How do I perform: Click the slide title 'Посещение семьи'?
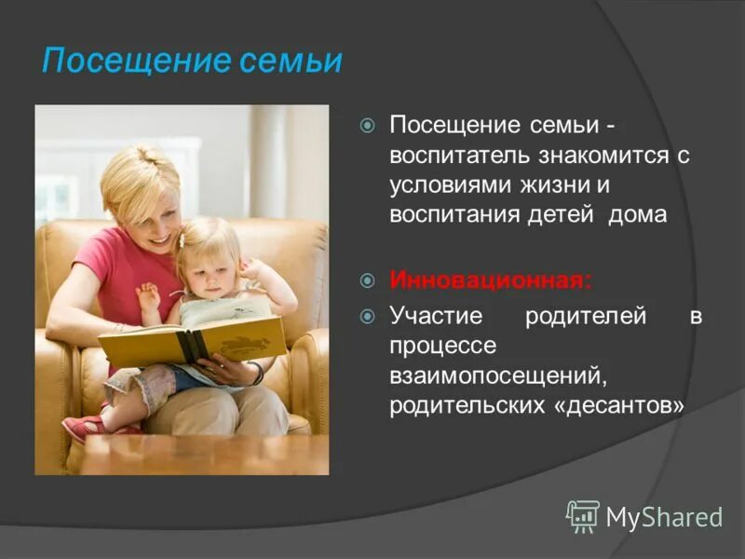[x=192, y=61]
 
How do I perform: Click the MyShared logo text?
[x=664, y=516]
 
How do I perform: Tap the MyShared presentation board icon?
[x=582, y=515]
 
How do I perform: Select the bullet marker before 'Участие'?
[x=368, y=316]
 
